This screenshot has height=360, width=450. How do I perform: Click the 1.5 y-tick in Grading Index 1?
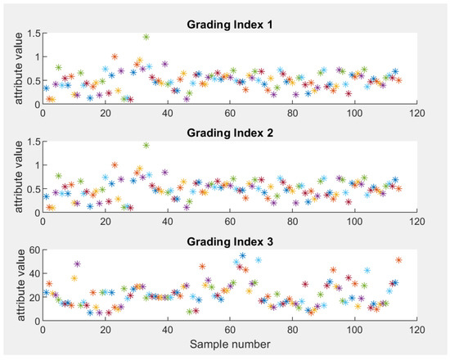(33, 34)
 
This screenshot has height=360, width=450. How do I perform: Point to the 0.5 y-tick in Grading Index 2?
(33, 190)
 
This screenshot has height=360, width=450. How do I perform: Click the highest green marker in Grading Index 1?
(146, 37)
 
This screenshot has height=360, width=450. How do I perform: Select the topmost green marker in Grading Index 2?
(146, 146)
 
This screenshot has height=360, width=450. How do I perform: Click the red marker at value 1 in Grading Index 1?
(115, 56)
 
